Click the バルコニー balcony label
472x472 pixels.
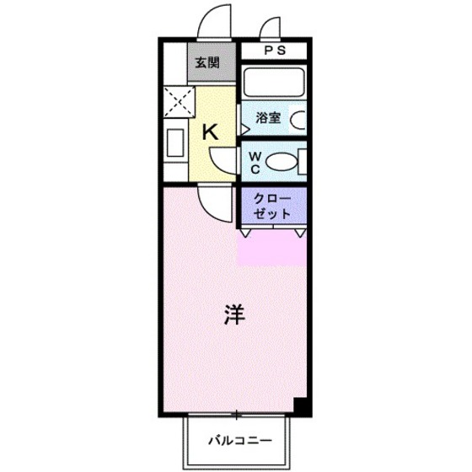pos(240,440)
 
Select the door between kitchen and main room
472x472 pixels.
pos(211,201)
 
